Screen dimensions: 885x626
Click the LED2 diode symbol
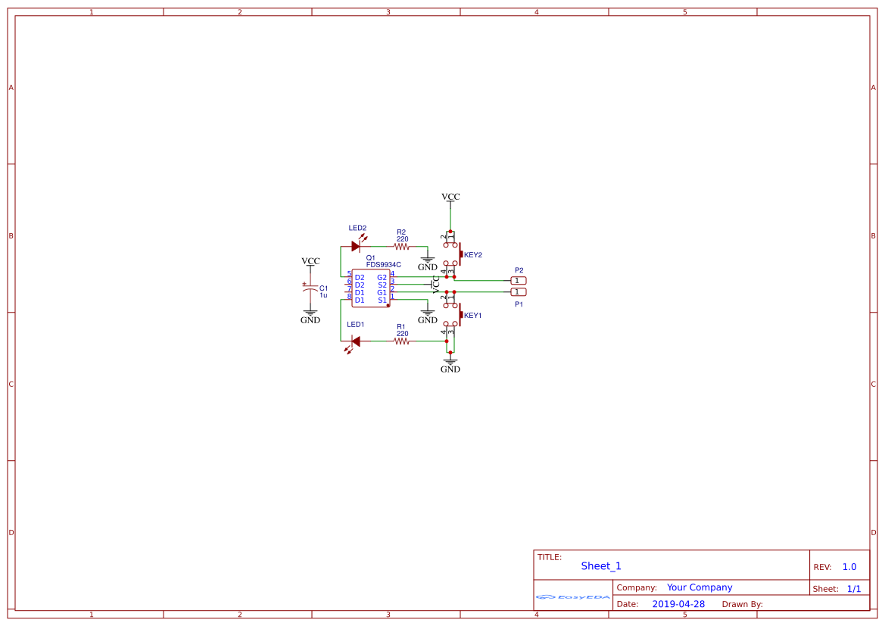click(x=357, y=245)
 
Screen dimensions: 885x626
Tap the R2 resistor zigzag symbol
click(x=401, y=247)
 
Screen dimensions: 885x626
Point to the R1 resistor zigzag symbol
click(x=401, y=341)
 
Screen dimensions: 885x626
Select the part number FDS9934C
click(x=383, y=265)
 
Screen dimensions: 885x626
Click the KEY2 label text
click(x=473, y=255)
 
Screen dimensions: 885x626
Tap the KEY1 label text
click(x=473, y=316)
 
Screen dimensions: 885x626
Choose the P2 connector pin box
click(x=518, y=281)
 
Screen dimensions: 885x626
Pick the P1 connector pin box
click(x=518, y=292)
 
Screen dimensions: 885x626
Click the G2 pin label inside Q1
click(x=382, y=278)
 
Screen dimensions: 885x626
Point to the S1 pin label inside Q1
click(x=382, y=301)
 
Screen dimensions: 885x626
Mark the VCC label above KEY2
click(x=450, y=197)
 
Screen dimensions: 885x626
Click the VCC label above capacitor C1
click(x=310, y=261)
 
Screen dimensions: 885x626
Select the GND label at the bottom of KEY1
click(x=450, y=369)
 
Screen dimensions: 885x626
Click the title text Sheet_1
click(x=601, y=566)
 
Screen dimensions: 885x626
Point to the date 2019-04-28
click(x=678, y=604)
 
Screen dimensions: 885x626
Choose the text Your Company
click(x=700, y=587)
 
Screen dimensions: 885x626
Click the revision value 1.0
click(x=849, y=567)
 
